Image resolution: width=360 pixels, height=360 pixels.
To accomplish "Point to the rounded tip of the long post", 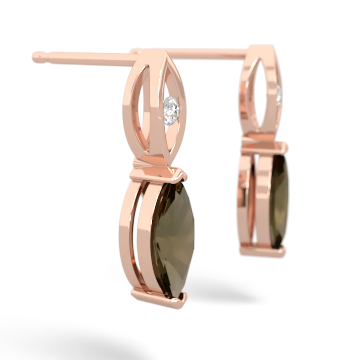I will pos(36,56).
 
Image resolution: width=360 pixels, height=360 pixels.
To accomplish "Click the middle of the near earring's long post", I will pos(86,57).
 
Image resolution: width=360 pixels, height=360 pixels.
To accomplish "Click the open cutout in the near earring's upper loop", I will pos(148,112).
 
